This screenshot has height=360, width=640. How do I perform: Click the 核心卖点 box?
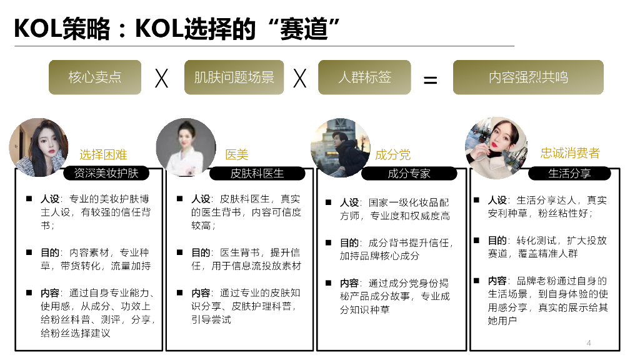[95, 77]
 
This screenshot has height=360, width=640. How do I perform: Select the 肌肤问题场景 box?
[234, 77]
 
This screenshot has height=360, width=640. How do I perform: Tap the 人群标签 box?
[364, 77]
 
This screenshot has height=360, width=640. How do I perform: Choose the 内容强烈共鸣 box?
[528, 77]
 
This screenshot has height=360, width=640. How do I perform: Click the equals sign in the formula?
[431, 80]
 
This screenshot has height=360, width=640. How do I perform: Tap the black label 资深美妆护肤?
[106, 172]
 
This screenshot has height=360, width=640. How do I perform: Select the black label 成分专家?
[409, 173]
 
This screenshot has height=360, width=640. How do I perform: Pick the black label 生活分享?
[569, 173]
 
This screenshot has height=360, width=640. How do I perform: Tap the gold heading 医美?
[237, 154]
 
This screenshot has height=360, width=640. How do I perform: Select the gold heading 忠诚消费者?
[570, 153]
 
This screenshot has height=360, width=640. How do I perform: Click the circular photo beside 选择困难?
[39, 147]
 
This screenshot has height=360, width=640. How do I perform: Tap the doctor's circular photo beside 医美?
[186, 147]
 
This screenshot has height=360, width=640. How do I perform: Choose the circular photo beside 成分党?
[340, 147]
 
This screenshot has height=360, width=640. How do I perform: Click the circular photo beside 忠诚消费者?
[496, 147]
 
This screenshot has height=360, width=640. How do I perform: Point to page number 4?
[589, 342]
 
